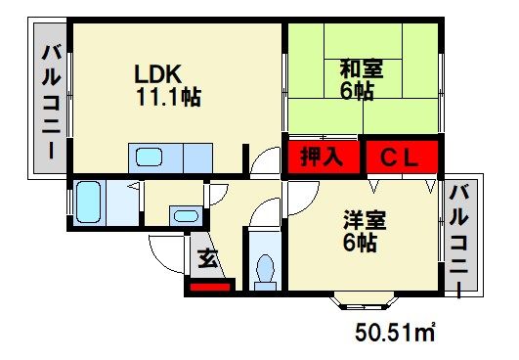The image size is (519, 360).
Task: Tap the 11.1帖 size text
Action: click(x=168, y=97)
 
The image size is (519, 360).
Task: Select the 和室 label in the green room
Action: click(x=362, y=68)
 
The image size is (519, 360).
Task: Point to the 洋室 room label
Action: click(x=365, y=219)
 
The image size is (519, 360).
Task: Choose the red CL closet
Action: click(x=402, y=157)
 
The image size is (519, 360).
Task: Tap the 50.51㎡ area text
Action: click(x=395, y=333)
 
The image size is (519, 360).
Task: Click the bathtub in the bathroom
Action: click(x=88, y=202)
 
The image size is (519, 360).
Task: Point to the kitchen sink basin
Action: click(x=150, y=157)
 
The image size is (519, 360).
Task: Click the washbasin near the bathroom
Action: click(x=186, y=216)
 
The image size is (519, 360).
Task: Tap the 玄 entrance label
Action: click(x=208, y=258)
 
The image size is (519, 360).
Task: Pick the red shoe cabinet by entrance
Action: click(x=210, y=287)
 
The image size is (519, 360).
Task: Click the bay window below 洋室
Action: click(x=365, y=300)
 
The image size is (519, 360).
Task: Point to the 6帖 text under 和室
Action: click(x=357, y=91)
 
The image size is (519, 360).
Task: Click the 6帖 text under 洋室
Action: click(x=360, y=243)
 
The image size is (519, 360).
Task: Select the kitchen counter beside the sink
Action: click(x=198, y=157)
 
